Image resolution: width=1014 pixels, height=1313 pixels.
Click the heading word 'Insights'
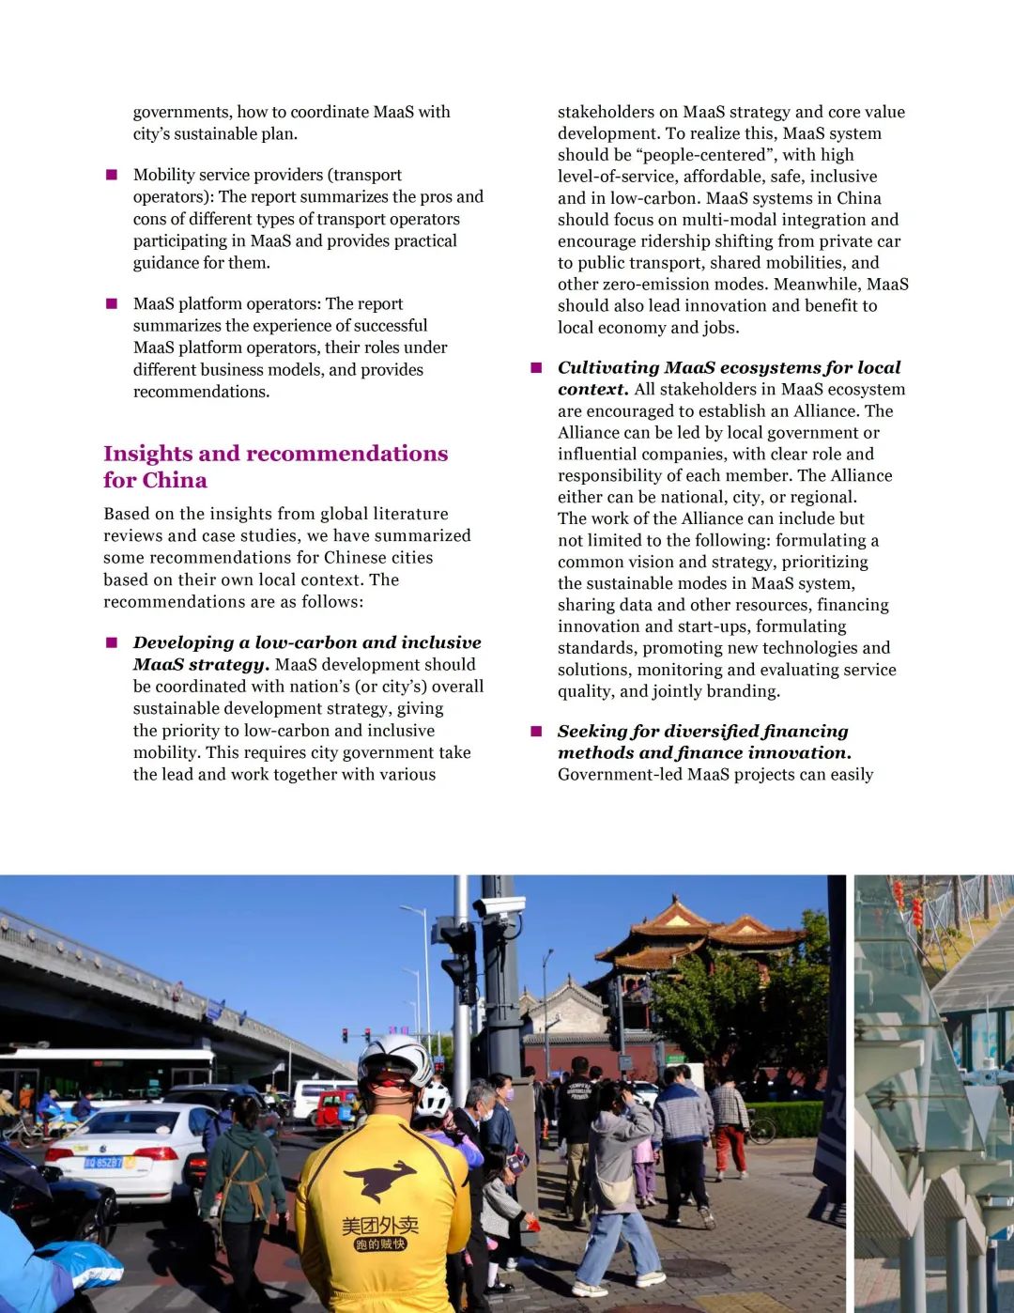(148, 454)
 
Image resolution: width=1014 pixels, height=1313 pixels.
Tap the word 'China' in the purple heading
(176, 481)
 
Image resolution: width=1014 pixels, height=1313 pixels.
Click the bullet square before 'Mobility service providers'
(112, 175)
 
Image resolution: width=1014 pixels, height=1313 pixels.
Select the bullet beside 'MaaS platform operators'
(112, 303)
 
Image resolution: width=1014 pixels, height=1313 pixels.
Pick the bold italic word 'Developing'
(184, 642)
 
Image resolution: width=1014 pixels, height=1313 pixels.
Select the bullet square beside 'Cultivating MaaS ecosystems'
(536, 367)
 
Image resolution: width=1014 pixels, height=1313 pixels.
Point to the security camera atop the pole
(499, 905)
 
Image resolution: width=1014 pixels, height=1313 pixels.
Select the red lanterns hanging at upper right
(907, 901)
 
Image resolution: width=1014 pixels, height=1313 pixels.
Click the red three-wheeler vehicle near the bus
(335, 1108)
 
